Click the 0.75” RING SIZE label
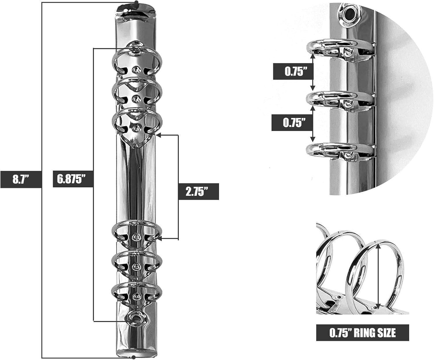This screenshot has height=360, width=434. point(363,333)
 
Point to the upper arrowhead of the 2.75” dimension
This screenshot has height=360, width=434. point(158,135)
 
